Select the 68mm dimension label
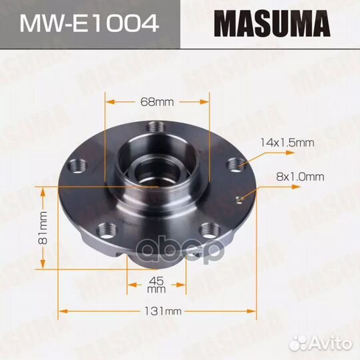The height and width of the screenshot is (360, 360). tap(157, 102)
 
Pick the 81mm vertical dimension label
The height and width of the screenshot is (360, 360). tap(42, 228)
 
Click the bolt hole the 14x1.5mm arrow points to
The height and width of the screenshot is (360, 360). tap(234, 164)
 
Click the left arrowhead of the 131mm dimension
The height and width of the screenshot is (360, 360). tap(62, 311)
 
